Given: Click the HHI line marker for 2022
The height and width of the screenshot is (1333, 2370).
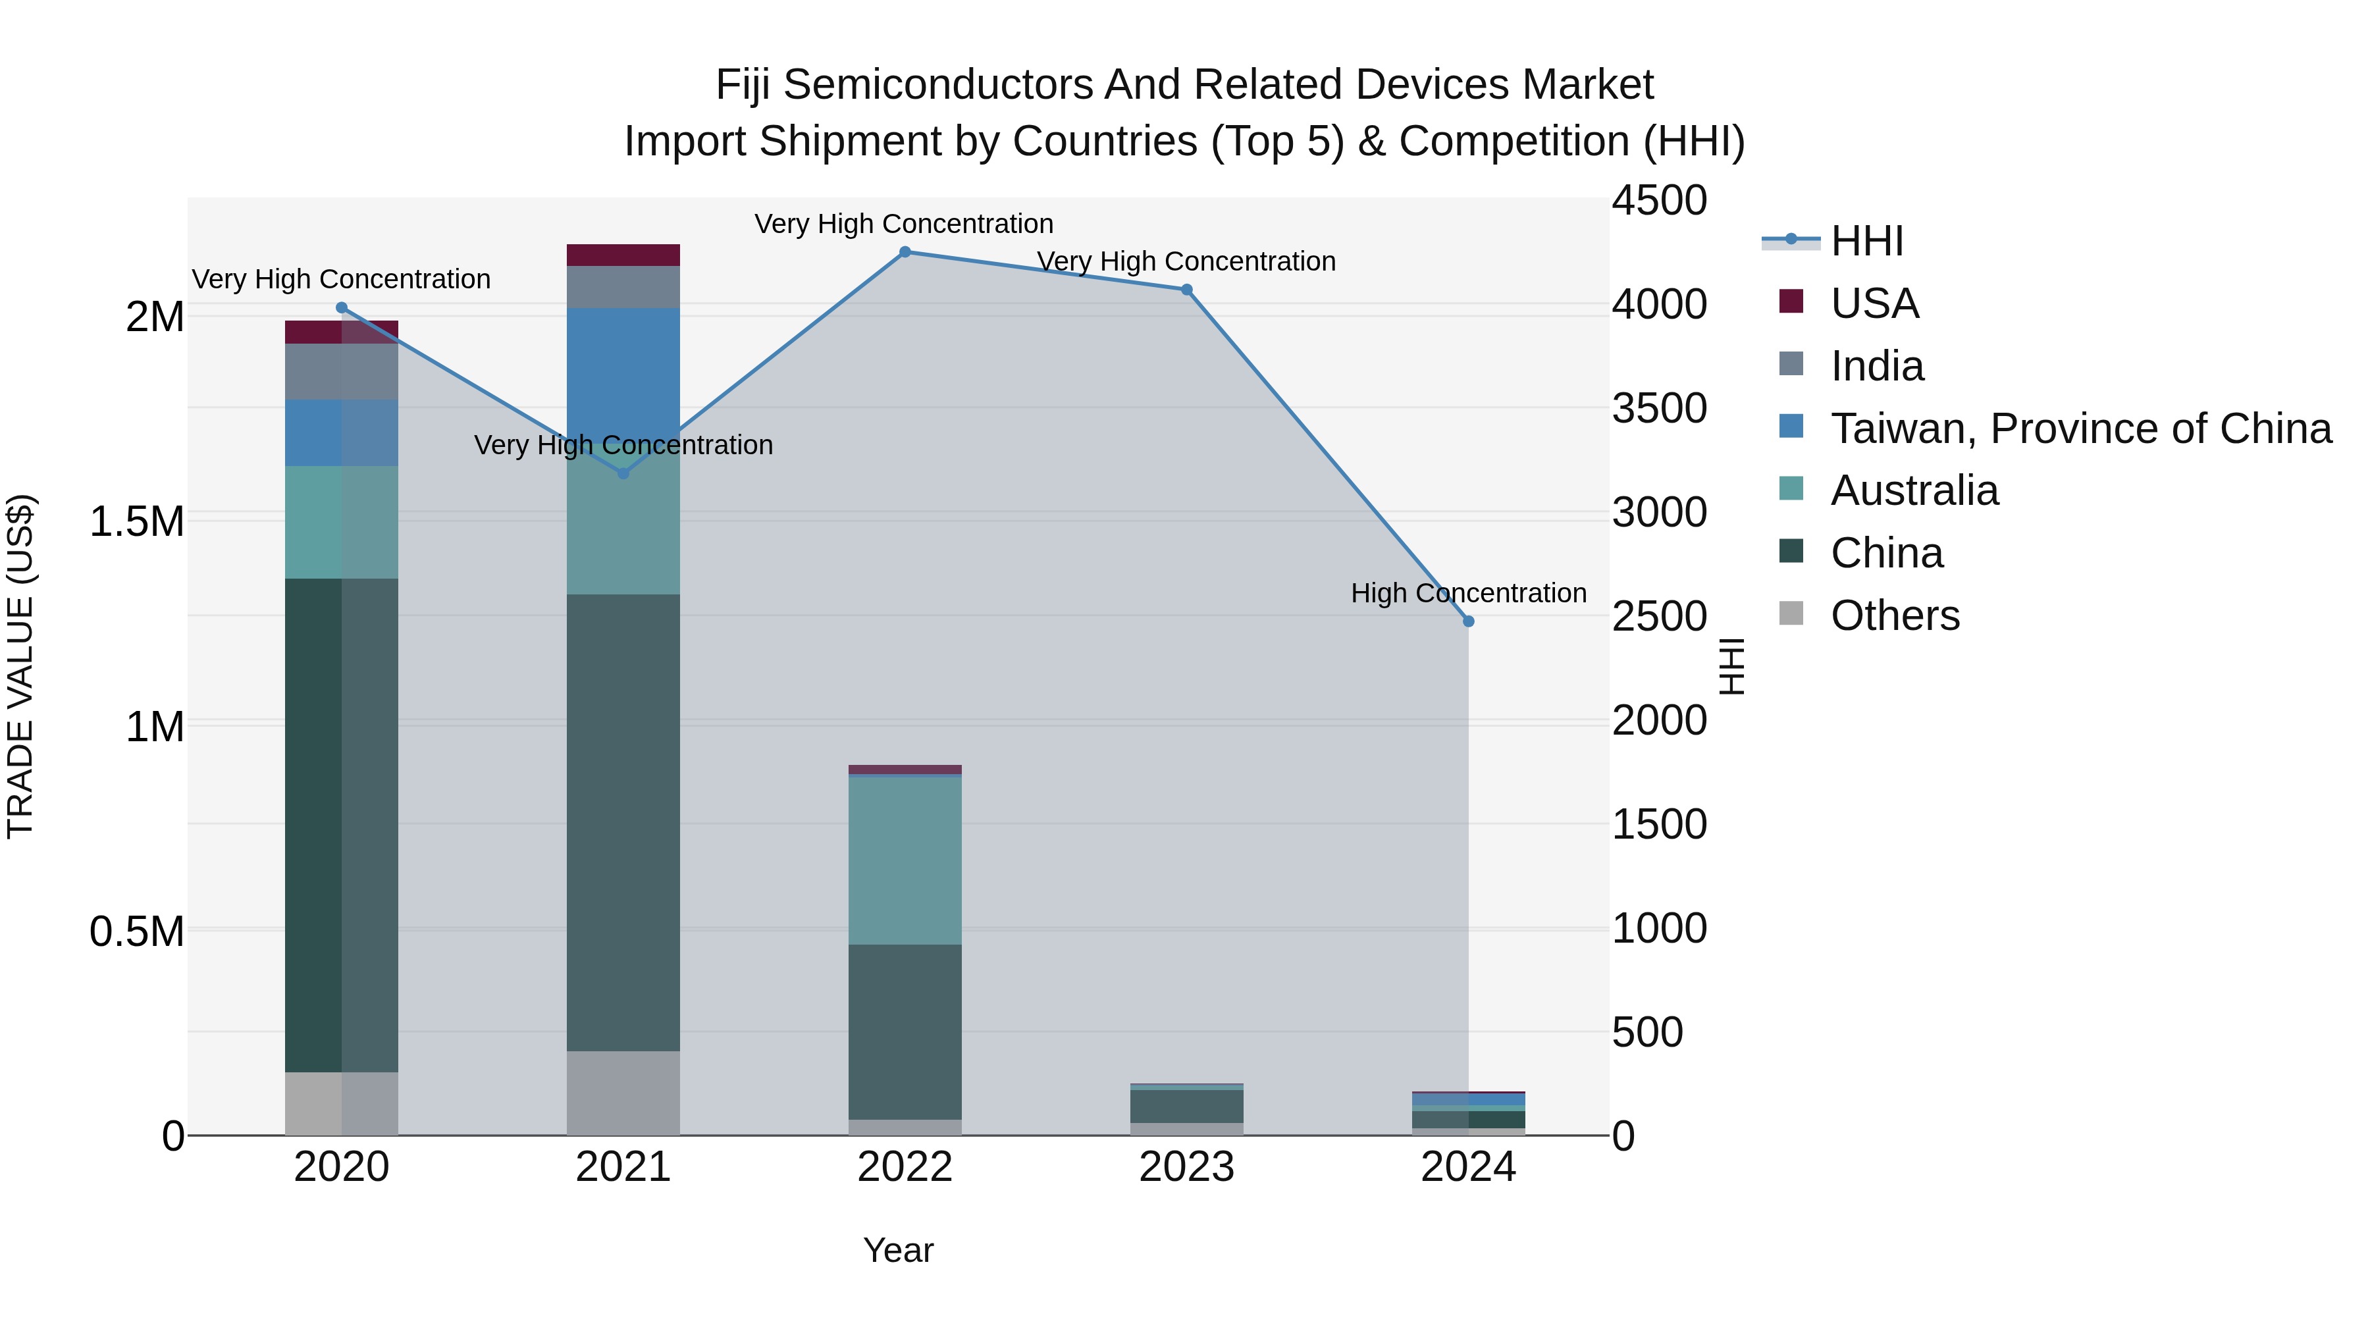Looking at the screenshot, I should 905,252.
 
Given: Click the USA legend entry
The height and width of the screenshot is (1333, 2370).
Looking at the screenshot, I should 1874,303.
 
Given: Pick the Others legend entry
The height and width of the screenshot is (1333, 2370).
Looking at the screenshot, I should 1894,615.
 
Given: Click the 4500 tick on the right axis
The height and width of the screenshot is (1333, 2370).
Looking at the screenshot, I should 1659,201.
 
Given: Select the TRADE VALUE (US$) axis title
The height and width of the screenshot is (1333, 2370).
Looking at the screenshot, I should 20,666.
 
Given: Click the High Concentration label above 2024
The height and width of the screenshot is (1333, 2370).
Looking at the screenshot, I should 1468,593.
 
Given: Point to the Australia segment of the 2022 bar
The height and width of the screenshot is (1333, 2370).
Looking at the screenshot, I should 905,860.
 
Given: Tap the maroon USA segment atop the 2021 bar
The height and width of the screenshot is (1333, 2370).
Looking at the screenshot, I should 623,255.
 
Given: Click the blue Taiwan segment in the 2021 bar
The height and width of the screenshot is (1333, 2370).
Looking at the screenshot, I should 623,368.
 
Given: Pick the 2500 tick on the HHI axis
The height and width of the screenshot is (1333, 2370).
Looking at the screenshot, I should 1659,616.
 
